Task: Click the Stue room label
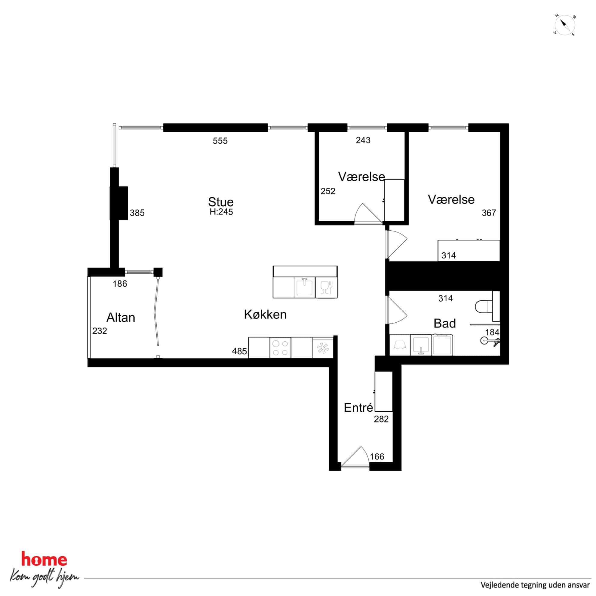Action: coord(221,202)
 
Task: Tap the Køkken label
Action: coord(265,314)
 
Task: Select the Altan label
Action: coord(121,318)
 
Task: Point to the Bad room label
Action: coord(444,323)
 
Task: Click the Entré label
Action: coord(358,407)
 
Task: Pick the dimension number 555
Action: coord(220,141)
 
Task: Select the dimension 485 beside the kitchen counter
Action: coord(239,351)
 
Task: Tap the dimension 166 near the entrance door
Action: coord(377,456)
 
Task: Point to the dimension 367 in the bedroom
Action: coord(489,213)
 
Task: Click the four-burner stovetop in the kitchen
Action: coord(281,348)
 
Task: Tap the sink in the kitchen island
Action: coord(305,287)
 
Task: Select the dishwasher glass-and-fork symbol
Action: coord(326,287)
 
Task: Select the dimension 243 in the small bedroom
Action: coord(363,140)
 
